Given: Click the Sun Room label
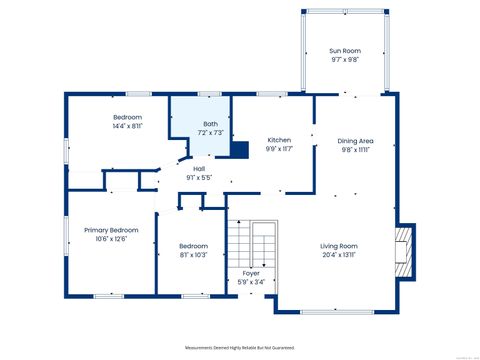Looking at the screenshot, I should coord(345,51).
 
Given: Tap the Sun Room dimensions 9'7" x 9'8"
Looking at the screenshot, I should coord(345,60).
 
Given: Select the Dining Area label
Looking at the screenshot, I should coord(355,141).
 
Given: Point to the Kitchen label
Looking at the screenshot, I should coord(279,140).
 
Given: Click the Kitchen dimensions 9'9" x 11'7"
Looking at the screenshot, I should coord(279,149).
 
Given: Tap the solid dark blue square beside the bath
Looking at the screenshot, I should coord(239,150).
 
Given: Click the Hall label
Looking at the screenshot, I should coord(199,169).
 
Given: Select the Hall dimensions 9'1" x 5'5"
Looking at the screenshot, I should coord(199,178).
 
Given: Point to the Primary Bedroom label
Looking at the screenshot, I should coord(110,230).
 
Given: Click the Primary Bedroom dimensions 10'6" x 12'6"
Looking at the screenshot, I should coord(110,239).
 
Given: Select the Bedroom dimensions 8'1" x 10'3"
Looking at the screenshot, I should coord(193,255).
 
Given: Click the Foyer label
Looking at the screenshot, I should coord(251,272).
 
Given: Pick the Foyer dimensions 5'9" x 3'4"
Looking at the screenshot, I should coord(251,281).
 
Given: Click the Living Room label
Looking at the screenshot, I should coord(339,245).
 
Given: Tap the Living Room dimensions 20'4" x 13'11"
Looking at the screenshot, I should coord(339,254).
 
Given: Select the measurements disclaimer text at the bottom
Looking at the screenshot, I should coord(240,347).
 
